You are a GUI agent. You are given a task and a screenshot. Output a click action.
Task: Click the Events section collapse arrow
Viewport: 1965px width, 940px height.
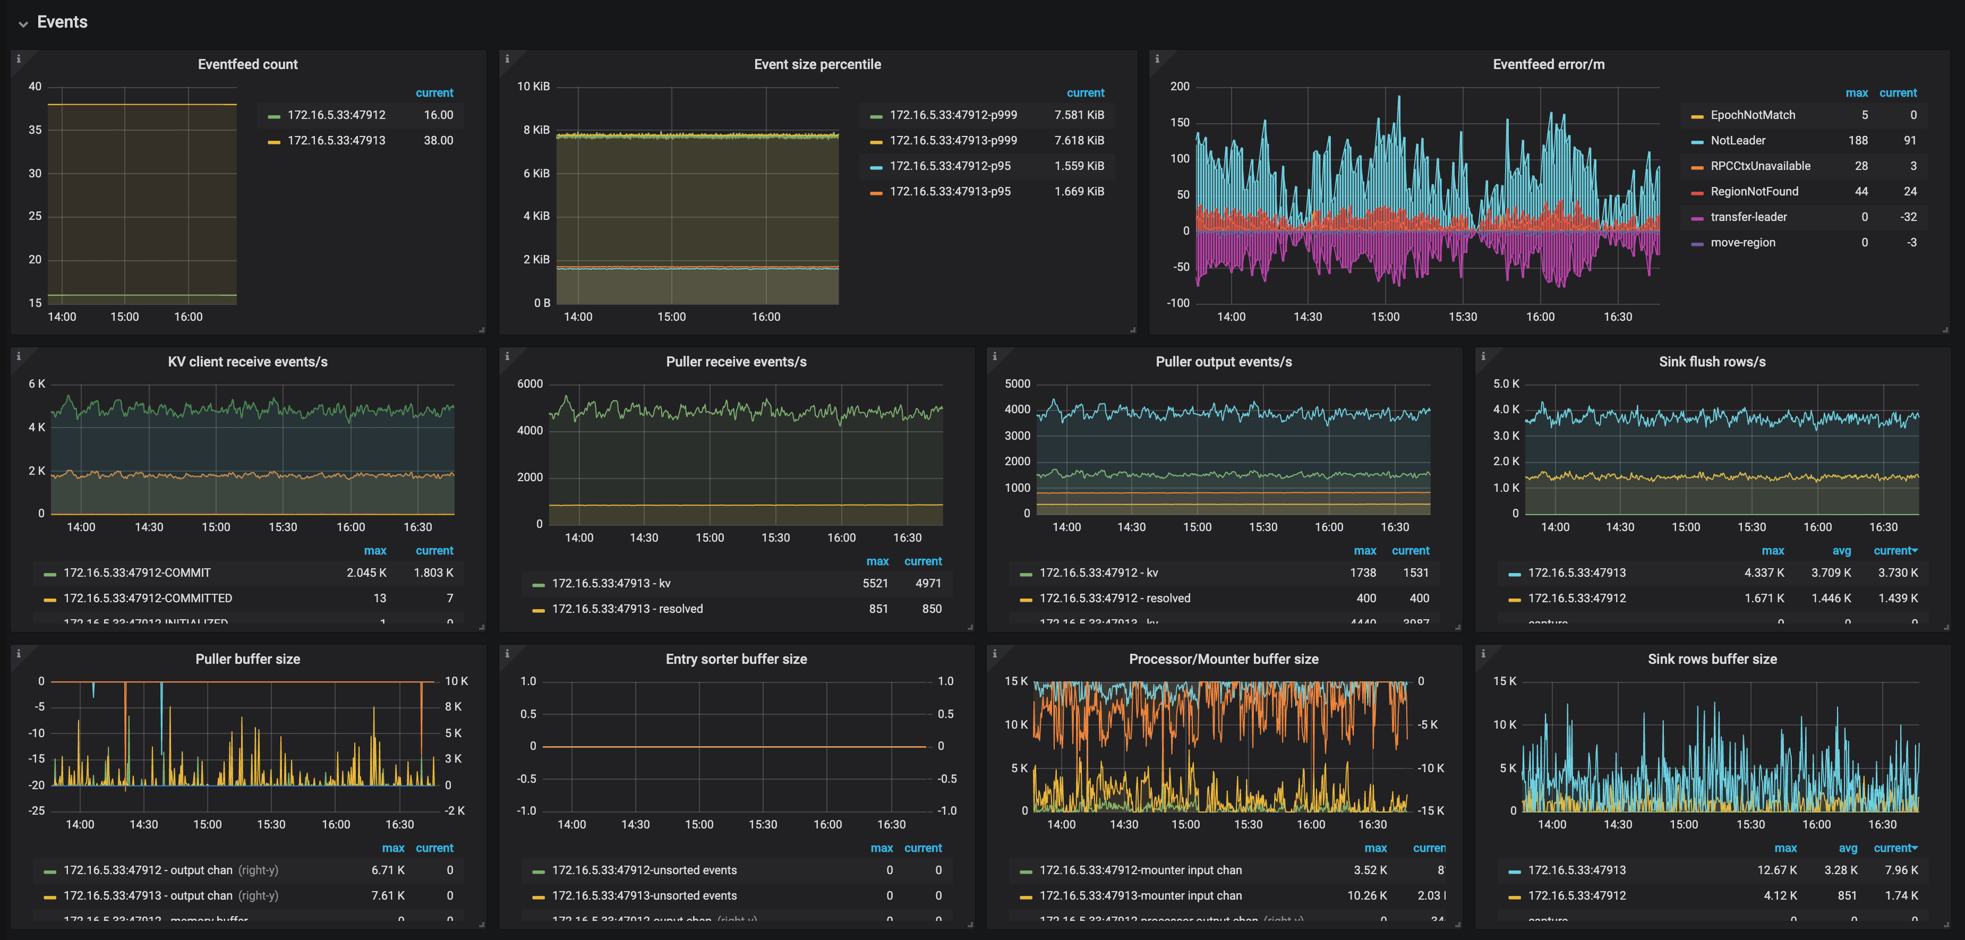[x=23, y=24]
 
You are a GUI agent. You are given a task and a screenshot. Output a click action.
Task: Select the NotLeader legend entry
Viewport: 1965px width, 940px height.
[x=1738, y=140]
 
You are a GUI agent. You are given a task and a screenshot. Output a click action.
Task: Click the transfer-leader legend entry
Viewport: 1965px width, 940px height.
[x=1748, y=217]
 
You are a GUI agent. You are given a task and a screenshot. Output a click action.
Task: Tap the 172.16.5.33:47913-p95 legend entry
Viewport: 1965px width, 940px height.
[x=950, y=192]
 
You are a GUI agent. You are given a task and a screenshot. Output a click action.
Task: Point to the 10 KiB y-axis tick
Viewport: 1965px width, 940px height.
[x=533, y=86]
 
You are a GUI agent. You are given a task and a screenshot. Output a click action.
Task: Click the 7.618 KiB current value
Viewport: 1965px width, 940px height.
[x=1079, y=140]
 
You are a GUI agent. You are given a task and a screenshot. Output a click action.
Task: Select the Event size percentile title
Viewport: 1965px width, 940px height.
[x=817, y=64]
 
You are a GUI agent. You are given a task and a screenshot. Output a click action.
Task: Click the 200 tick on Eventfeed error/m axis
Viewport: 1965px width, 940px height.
[x=1180, y=86]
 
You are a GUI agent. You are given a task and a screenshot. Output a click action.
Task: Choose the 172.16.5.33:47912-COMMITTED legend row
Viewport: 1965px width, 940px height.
[x=147, y=598]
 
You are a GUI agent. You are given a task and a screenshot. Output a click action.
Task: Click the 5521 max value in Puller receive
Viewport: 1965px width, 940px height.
[x=875, y=583]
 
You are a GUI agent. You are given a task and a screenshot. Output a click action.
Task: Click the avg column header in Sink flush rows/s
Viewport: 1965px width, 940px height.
[x=1841, y=550]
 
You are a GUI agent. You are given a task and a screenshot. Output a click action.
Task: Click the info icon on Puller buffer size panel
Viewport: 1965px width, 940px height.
[x=18, y=653]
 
